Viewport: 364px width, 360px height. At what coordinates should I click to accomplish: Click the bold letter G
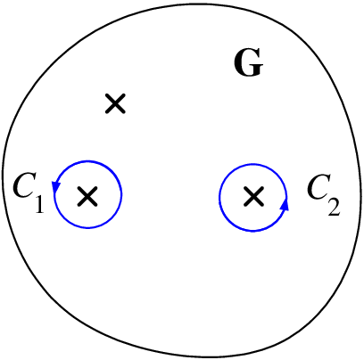pos(249,62)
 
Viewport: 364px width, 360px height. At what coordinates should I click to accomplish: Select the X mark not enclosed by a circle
pos(115,103)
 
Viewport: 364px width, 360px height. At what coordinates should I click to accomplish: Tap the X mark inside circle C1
pos(87,196)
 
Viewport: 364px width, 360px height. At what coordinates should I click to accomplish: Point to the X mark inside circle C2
pos(253,196)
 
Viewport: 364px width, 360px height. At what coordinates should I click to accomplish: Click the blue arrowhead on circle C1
pos(56,186)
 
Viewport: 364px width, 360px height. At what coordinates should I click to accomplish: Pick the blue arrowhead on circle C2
pos(285,205)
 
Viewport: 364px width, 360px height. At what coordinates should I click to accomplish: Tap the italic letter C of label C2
pos(318,188)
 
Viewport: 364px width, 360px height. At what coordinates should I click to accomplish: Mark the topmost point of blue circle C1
pos(88,161)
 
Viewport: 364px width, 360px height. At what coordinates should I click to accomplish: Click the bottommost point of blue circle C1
pos(88,228)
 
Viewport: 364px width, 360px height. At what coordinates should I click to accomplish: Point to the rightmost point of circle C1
pos(121,194)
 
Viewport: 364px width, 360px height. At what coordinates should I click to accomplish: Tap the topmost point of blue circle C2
pos(253,164)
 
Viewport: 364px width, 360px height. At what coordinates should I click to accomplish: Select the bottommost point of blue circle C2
pos(253,231)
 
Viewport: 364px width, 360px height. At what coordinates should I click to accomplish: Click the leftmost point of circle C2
pos(219,197)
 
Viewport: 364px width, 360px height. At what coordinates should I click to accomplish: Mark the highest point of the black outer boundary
pos(190,4)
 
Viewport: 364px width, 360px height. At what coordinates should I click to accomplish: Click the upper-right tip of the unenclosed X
pos(124,95)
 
